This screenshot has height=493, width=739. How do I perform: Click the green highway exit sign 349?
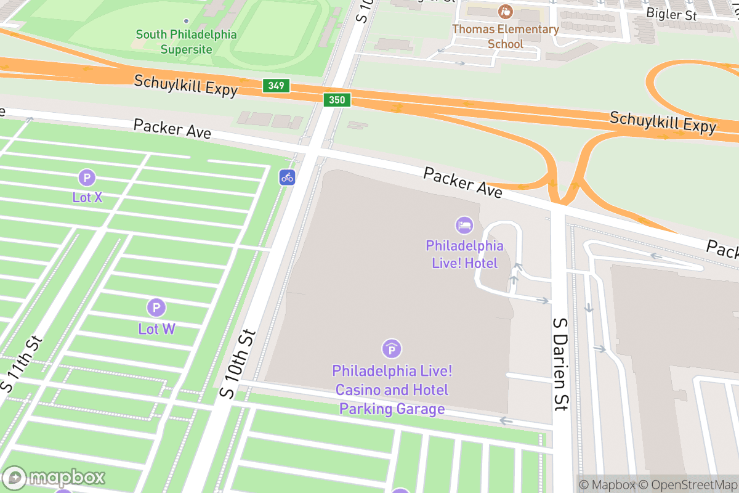[x=276, y=85]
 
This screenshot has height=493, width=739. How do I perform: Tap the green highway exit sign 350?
[x=337, y=99]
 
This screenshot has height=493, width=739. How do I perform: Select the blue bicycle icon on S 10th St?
[x=287, y=177]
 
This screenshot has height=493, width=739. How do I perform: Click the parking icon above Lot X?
[x=87, y=178]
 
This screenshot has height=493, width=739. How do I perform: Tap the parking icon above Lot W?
[x=156, y=308]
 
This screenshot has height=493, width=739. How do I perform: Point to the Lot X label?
[x=87, y=197]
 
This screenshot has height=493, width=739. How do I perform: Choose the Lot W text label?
[x=156, y=328]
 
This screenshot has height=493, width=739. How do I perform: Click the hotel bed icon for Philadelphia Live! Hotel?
[x=464, y=226]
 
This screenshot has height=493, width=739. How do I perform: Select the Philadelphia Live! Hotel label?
[x=464, y=255]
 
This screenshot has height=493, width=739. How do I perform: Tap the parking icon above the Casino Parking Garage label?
[x=391, y=349]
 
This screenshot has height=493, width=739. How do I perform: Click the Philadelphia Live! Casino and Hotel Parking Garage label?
[x=392, y=390]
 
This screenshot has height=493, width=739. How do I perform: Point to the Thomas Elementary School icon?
[x=506, y=11]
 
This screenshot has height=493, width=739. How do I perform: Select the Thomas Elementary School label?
[x=506, y=36]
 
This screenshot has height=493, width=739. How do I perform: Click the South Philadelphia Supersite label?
[x=186, y=42]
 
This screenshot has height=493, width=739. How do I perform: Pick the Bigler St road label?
[x=671, y=14]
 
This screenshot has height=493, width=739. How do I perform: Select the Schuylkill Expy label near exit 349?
[x=185, y=85]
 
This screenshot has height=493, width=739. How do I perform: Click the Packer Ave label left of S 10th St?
[x=172, y=129]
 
